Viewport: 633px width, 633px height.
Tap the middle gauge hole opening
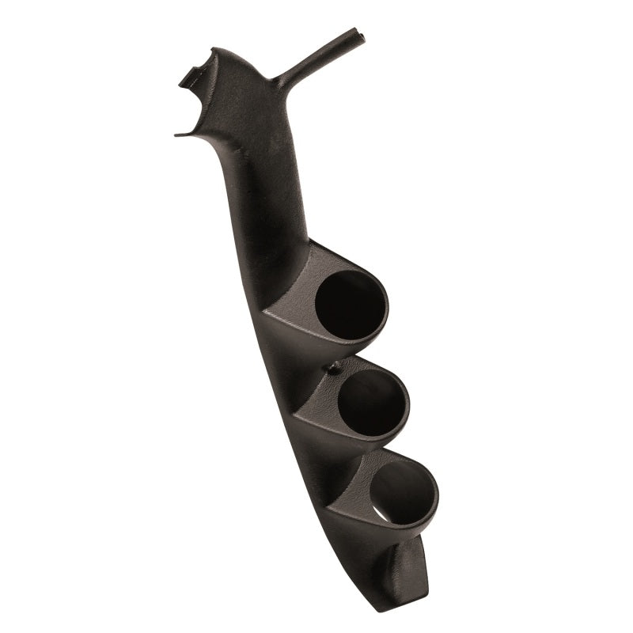pos(373,401)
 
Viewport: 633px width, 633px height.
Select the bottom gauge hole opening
pos(403,493)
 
